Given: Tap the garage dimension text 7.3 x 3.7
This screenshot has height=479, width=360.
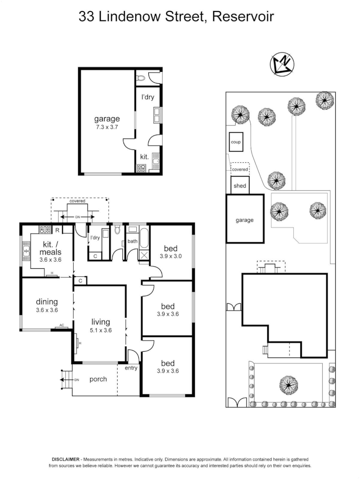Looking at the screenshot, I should coord(107,127).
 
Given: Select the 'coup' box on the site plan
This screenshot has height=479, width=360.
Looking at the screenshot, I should coord(236,142).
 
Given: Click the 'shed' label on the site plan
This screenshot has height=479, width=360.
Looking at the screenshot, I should coord(240,186).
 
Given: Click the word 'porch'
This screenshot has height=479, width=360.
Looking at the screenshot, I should coord(98,379).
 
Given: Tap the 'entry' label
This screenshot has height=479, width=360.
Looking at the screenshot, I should coord(131,368).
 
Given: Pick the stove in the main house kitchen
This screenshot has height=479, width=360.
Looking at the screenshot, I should coord(45,230).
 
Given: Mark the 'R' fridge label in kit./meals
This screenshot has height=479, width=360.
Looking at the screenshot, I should coord(58,230).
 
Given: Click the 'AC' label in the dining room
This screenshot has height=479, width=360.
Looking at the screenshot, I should coord(62,325).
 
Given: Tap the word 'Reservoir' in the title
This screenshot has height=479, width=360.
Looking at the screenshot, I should coord(243,17).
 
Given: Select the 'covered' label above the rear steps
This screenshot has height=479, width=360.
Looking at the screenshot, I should coord(77,201).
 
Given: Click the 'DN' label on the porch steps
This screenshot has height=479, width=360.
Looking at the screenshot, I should coord(76,380).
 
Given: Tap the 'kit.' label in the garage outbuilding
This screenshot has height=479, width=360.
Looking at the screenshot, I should coord(144,157).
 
